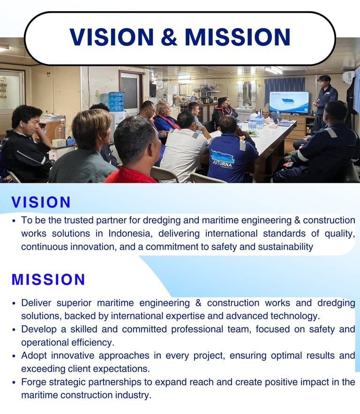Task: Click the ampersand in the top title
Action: point(169,37)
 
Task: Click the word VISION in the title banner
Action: point(112,37)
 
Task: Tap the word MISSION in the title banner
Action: point(237,37)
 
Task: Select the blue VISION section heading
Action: point(41,202)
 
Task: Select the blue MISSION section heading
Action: point(48,280)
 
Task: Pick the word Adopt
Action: point(34,356)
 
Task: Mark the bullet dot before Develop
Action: point(14,330)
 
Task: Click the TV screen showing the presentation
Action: point(289,103)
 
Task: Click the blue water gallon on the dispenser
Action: point(116,101)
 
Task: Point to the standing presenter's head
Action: point(324,82)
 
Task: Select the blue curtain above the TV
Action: point(284,86)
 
